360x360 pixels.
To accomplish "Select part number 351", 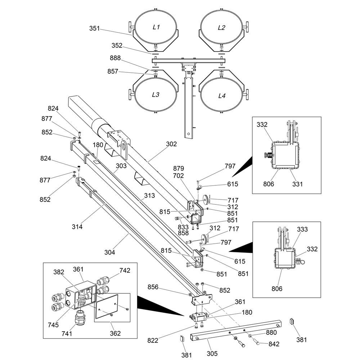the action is pyautogui.click(x=94, y=28).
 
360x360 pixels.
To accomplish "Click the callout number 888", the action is pyautogui.click(x=115, y=58).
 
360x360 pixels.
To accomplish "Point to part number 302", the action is pyautogui.click(x=171, y=144).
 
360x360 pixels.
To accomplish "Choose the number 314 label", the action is pyautogui.click(x=77, y=226).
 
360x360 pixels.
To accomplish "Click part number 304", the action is pyautogui.click(x=109, y=252).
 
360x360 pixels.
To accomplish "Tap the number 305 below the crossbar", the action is pyautogui.click(x=212, y=354).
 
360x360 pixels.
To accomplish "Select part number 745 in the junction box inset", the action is pyautogui.click(x=53, y=325).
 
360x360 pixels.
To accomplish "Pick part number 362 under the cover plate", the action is pyautogui.click(x=115, y=333).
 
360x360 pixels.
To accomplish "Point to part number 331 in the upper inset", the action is pyautogui.click(x=297, y=184).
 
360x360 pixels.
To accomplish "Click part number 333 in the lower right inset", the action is pyautogui.click(x=302, y=229).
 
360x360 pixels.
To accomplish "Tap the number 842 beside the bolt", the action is pyautogui.click(x=274, y=344).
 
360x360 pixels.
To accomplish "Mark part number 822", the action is pyautogui.click(x=153, y=340).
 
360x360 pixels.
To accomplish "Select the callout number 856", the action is pyautogui.click(x=153, y=287).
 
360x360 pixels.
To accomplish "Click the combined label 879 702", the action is pyautogui.click(x=179, y=172).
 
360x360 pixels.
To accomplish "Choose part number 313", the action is pyautogui.click(x=149, y=195).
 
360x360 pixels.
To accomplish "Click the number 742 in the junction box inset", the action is pyautogui.click(x=125, y=270).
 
